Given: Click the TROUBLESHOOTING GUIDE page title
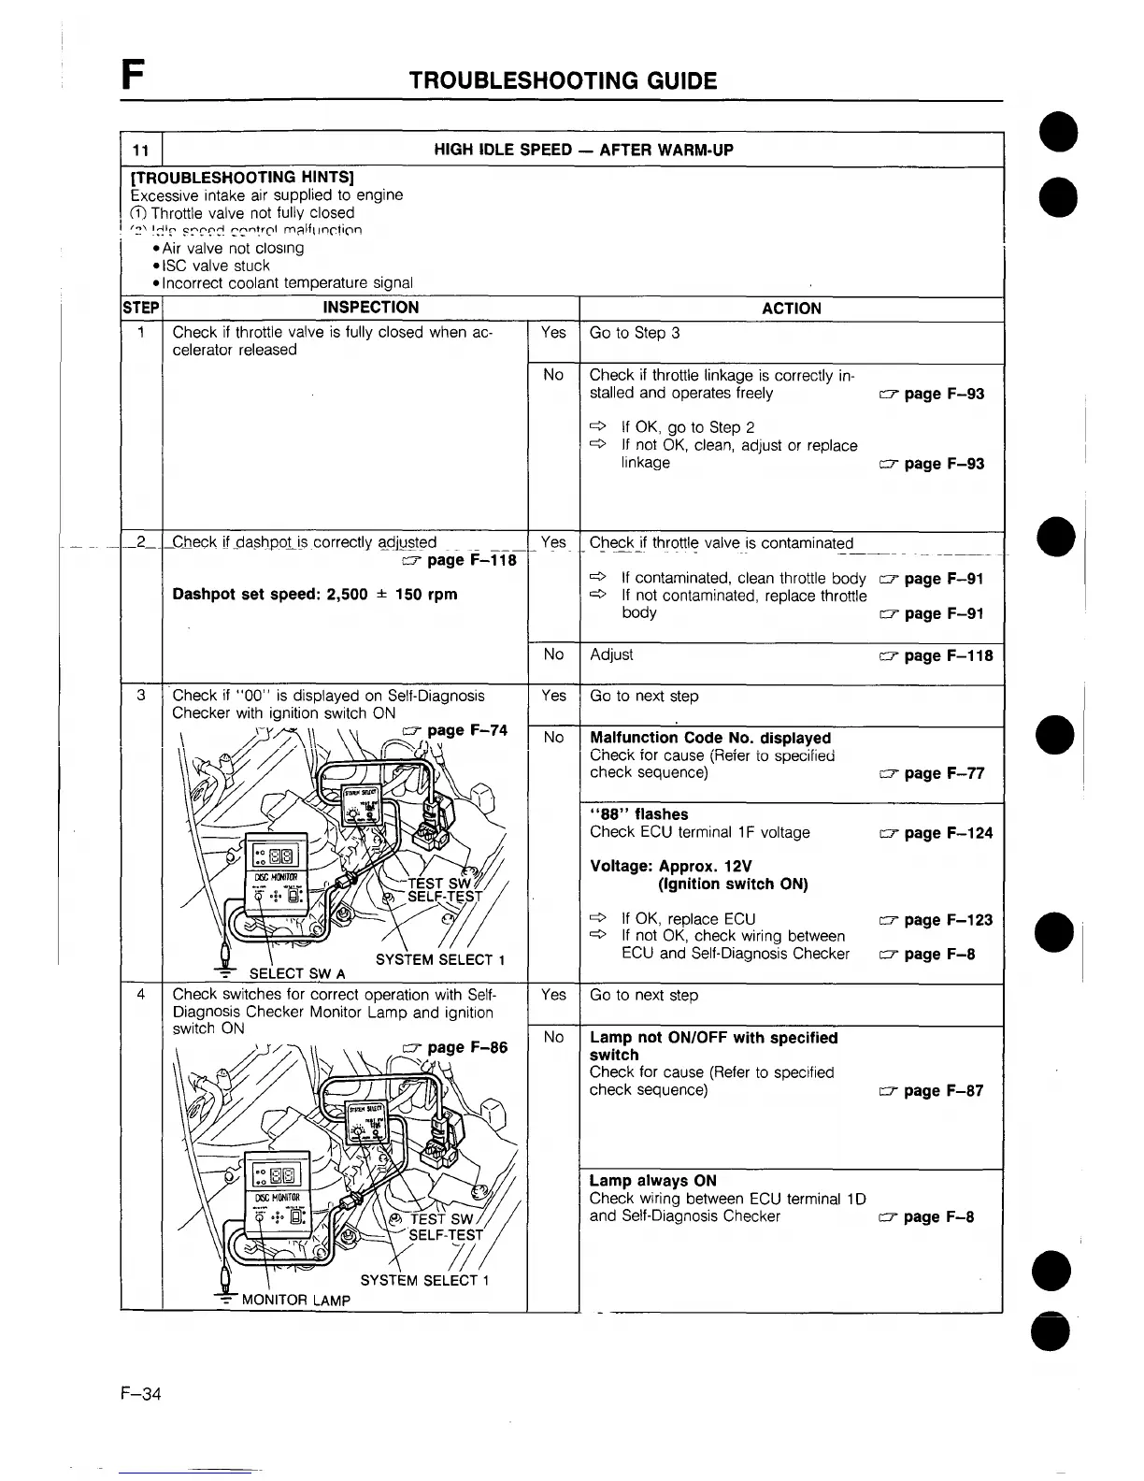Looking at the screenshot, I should tap(563, 80).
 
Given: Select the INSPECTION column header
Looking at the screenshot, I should tap(370, 308).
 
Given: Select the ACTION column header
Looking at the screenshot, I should tap(791, 309).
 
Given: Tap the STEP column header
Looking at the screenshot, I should tap(142, 308).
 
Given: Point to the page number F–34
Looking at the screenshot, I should tap(140, 1394).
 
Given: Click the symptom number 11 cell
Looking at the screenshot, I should tap(141, 151).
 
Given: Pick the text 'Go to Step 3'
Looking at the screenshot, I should tap(635, 333).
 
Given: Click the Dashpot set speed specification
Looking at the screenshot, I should tap(315, 595).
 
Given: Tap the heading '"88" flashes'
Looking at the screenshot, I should tap(639, 814).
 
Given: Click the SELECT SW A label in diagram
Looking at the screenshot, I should tap(291, 974).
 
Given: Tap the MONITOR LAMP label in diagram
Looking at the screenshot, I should tap(295, 1300).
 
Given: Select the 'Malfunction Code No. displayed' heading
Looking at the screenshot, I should tap(710, 738).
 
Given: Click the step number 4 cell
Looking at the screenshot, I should tap(141, 995).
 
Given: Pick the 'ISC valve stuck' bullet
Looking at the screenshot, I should tap(216, 266).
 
